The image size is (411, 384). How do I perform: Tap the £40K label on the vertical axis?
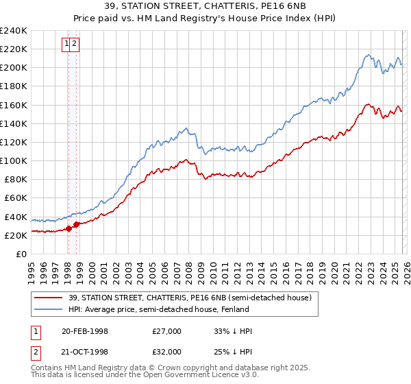coord(15,217)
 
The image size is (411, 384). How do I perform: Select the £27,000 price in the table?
coord(167,331)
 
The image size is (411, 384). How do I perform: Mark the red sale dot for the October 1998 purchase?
coord(77,224)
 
